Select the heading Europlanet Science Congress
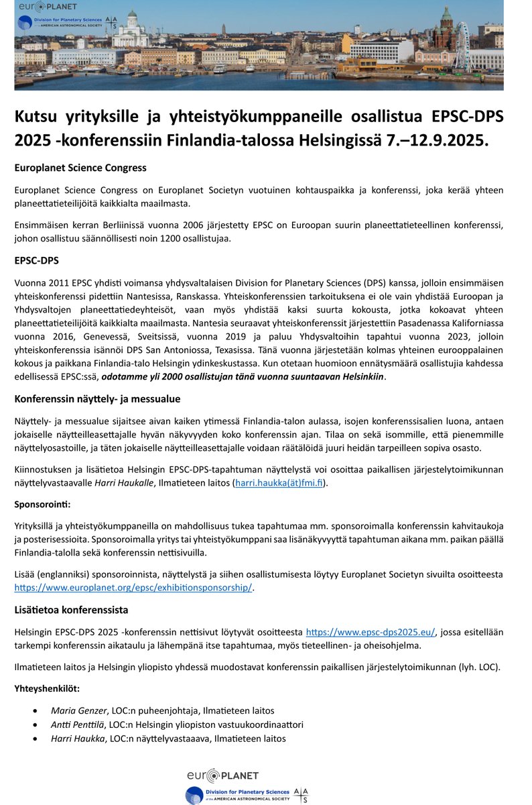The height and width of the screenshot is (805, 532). coord(80,167)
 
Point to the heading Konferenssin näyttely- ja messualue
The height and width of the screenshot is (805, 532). coord(97,398)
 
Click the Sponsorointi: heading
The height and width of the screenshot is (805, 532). coord(41,503)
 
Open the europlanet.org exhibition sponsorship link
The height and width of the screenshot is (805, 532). coord(133,587)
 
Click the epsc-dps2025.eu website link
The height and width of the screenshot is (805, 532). coord(370,631)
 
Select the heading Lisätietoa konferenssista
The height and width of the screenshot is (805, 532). coord(71,610)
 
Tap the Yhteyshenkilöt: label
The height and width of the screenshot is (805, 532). coord(48,688)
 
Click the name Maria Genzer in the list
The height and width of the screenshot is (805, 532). coord(78,710)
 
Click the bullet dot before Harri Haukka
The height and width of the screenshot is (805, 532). coord(35,739)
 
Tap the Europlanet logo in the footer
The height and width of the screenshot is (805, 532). coord(223,775)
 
